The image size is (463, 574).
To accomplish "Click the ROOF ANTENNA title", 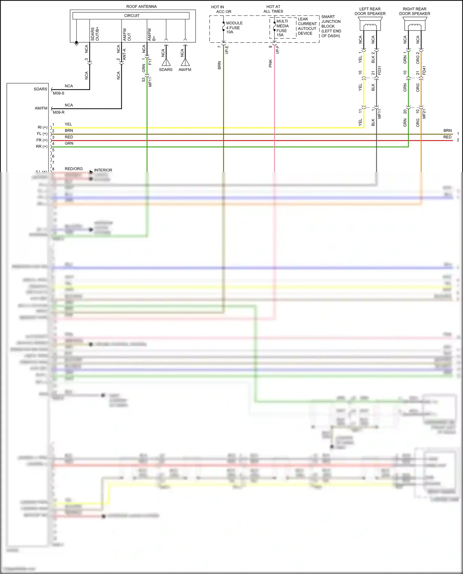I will pyautogui.click(x=141, y=6).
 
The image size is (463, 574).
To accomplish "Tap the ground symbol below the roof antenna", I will pyautogui.click(x=77, y=44).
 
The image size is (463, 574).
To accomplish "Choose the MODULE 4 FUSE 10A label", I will pyautogui.click(x=234, y=27).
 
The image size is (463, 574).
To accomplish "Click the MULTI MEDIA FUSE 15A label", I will pyautogui.click(x=282, y=28).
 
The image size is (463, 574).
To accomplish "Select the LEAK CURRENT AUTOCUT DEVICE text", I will pyautogui.click(x=307, y=26).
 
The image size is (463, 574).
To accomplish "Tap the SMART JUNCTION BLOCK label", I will pyautogui.click(x=331, y=26).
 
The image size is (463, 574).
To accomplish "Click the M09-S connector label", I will pyautogui.click(x=59, y=93).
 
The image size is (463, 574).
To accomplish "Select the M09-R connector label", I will pyautogui.click(x=59, y=112).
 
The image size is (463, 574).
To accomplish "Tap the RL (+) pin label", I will pyautogui.click(x=43, y=127).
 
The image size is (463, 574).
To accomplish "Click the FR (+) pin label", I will pyautogui.click(x=42, y=140).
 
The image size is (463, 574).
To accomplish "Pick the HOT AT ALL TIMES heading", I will pyautogui.click(x=273, y=9).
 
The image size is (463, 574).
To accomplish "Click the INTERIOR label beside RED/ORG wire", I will pyautogui.click(x=103, y=170).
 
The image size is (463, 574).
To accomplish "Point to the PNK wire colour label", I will pyautogui.click(x=270, y=64).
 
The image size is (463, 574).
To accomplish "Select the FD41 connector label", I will pyautogui.click(x=424, y=70).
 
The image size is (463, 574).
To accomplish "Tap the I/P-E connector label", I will pyautogui.click(x=227, y=50).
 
